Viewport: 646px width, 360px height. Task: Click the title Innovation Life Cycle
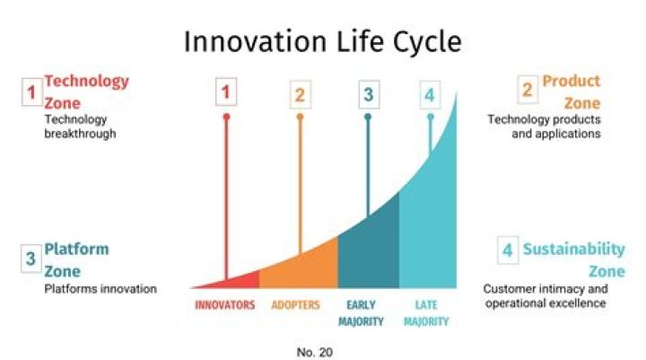tap(322, 41)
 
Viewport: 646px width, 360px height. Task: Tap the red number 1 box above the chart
tap(226, 92)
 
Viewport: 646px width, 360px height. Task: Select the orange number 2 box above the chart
tap(300, 93)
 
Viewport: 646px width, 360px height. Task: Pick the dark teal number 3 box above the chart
tap(367, 93)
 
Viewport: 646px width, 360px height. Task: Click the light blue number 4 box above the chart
tap(430, 93)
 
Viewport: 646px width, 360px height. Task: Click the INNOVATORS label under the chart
tap(225, 304)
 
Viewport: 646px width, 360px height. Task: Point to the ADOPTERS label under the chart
tap(295, 304)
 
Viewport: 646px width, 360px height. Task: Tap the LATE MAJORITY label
tap(426, 312)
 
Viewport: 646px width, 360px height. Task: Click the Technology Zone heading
tap(86, 92)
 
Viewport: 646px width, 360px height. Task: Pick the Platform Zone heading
tap(76, 259)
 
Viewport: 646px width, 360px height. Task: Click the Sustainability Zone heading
tap(573, 259)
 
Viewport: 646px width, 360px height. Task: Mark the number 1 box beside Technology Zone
tap(31, 92)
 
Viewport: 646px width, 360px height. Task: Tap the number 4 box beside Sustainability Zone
tap(508, 251)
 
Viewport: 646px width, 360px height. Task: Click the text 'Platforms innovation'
tap(100, 289)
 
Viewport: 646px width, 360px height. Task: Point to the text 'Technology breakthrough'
tap(76, 127)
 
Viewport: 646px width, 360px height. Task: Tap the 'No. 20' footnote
tap(314, 352)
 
